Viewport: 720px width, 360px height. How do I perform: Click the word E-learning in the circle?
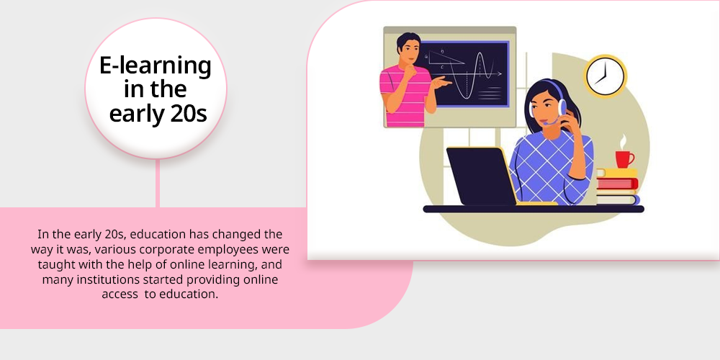tap(156, 66)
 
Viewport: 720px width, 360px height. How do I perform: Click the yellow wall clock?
tap(606, 76)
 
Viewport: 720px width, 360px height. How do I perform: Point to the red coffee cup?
tap(624, 159)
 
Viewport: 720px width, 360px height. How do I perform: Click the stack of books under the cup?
tap(618, 186)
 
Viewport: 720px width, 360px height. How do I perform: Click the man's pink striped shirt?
tap(403, 96)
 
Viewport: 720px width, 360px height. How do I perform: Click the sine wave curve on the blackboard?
tap(473, 75)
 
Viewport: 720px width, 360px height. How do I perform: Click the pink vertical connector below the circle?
tap(158, 183)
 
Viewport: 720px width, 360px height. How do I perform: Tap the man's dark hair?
tap(408, 41)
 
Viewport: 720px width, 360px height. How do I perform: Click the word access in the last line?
tap(120, 294)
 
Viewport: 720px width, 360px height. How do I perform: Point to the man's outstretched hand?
tap(441, 82)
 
